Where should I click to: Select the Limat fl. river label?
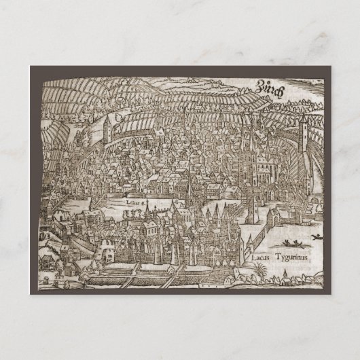click(x=136, y=202)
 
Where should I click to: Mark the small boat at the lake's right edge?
click(x=316, y=237)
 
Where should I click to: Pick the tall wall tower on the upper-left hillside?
click(x=107, y=130)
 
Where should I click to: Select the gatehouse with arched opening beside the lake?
click(x=274, y=218)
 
